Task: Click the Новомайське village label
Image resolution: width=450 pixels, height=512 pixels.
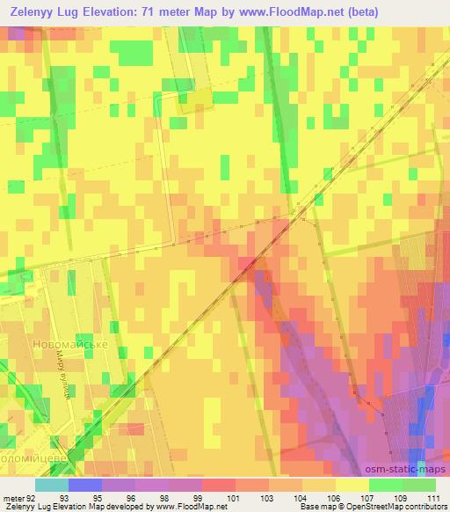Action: tap(69, 344)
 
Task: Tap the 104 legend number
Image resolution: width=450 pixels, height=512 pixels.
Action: tap(299, 498)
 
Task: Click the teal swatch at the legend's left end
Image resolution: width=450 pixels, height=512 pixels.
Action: tap(53, 485)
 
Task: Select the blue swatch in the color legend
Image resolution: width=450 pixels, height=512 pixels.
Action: tap(85, 485)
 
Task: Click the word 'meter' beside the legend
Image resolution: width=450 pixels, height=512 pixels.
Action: tap(11, 498)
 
